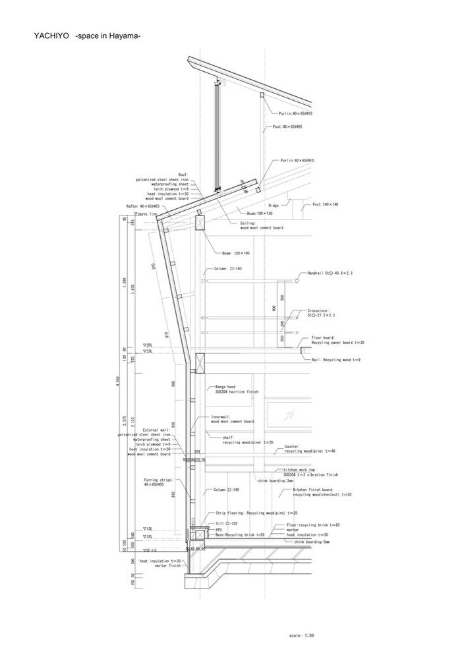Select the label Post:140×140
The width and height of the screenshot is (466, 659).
coord(326,205)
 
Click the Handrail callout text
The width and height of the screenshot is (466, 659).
coord(330,273)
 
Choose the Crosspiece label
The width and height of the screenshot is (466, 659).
coord(320,310)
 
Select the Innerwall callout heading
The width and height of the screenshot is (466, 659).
coord(222,417)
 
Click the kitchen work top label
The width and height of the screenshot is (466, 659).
coord(297,469)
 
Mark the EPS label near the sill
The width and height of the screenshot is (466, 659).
coord(219,529)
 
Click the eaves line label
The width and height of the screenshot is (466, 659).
coord(147,214)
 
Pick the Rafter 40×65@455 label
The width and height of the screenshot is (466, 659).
coord(143,206)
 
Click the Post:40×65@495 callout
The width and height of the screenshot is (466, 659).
coord(287,126)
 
